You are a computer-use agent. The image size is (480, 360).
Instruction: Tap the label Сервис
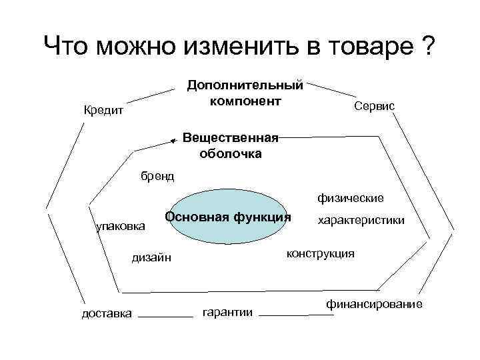[x=375, y=106]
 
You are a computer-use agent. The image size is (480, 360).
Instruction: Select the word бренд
[x=157, y=176]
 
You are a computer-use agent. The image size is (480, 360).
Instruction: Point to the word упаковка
[x=121, y=227]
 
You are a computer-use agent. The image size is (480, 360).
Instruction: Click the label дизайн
[x=151, y=257]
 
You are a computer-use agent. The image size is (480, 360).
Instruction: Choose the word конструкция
[x=320, y=254]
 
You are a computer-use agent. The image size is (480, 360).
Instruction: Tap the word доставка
[x=106, y=313]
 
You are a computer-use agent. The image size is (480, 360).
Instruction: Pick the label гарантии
[x=227, y=312]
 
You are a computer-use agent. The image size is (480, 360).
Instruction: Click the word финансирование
[x=374, y=304]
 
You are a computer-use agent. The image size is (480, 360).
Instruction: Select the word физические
[x=350, y=198]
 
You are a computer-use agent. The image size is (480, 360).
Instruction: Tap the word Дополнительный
[x=245, y=85]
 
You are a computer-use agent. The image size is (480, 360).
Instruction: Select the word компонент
[x=245, y=101]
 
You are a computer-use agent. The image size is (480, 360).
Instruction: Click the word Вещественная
[x=230, y=138]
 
